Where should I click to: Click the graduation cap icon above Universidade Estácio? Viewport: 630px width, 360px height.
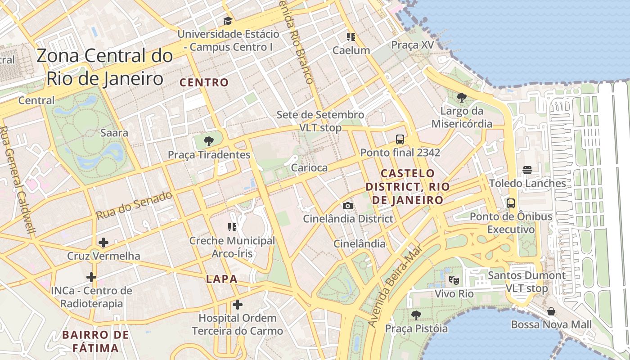pos(228,21)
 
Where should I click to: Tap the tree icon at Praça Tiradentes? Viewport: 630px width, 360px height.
pos(208,141)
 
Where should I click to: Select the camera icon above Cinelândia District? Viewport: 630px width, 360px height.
pos(347,206)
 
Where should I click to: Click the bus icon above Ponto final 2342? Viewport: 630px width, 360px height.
pos(400,139)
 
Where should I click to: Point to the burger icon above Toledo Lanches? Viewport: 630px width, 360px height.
pos(527,170)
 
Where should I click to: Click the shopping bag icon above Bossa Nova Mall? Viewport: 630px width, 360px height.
pos(551,311)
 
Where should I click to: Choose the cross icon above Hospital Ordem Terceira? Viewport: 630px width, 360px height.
pos(237,305)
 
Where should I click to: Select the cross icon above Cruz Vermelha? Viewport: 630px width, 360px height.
pos(103,243)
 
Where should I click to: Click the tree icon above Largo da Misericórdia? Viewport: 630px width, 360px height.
pos(461,97)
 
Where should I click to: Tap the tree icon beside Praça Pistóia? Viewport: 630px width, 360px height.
pos(416,315)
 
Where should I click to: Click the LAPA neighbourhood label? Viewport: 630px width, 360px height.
pos(221,279)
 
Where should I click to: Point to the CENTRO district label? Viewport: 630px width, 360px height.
pos(204,82)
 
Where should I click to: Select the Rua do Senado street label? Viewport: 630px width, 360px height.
pos(134,205)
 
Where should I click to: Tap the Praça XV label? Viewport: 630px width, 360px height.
pos(412,45)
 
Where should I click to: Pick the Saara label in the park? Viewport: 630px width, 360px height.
pos(114,133)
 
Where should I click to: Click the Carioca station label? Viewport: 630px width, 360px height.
pos(309,167)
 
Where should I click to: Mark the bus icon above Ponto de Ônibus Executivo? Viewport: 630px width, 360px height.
pos(511,203)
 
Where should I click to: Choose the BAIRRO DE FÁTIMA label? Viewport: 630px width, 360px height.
pos(95,341)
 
